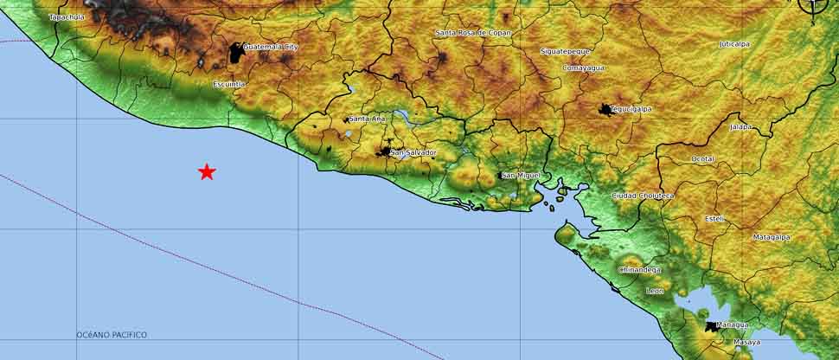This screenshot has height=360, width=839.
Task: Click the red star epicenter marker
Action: [x=207, y=171]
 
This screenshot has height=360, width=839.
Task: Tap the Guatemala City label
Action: [x=270, y=47]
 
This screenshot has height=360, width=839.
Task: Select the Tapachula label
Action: [x=67, y=16]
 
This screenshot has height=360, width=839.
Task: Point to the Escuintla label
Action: [x=229, y=84]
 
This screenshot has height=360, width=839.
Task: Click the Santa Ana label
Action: [x=367, y=119]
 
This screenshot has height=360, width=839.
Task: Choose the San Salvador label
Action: [x=413, y=153]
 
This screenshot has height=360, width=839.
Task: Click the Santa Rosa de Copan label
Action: [x=473, y=33]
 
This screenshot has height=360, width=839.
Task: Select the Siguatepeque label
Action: [x=565, y=51]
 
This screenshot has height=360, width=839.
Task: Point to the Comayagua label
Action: [x=583, y=67]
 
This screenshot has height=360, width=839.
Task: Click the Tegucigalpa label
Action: [x=631, y=109]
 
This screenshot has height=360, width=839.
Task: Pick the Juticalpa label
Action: [x=734, y=43]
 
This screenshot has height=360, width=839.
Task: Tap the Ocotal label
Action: [x=702, y=159]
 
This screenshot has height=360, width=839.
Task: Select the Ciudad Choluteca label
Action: [x=643, y=196]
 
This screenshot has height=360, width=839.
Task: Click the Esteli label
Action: [x=714, y=218]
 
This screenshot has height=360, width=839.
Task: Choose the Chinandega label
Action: [x=640, y=270]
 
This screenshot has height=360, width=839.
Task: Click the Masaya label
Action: [x=746, y=343]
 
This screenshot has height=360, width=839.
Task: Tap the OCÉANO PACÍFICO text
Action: [x=112, y=335]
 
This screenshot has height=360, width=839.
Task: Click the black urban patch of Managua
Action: [x=711, y=326]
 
